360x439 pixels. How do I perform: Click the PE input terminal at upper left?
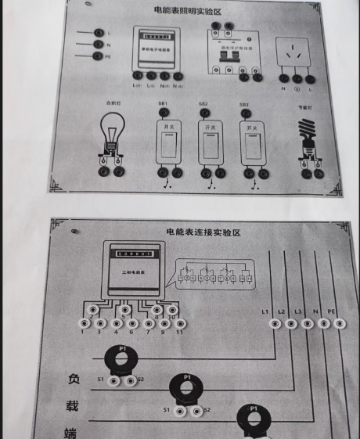(x=99, y=57)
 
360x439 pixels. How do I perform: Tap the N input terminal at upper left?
(x=99, y=45)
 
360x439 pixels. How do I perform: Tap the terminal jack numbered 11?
(x=181, y=323)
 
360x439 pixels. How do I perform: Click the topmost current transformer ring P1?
(x=121, y=361)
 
